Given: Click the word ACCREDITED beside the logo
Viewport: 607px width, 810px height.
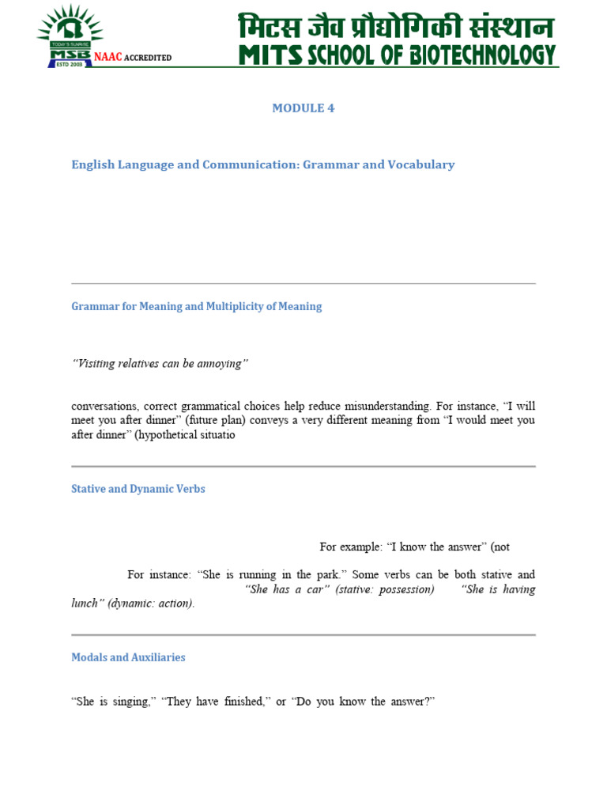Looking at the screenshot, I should point(147,58).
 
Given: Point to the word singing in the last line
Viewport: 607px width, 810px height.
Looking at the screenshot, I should point(130,702).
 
